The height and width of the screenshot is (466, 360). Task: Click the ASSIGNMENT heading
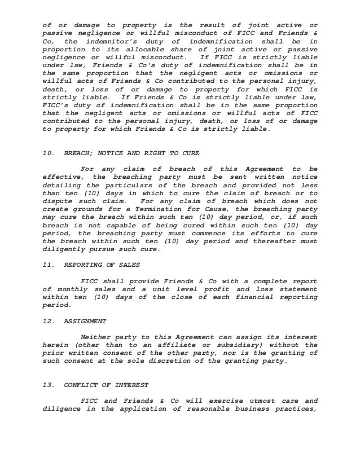click(x=85, y=321)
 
